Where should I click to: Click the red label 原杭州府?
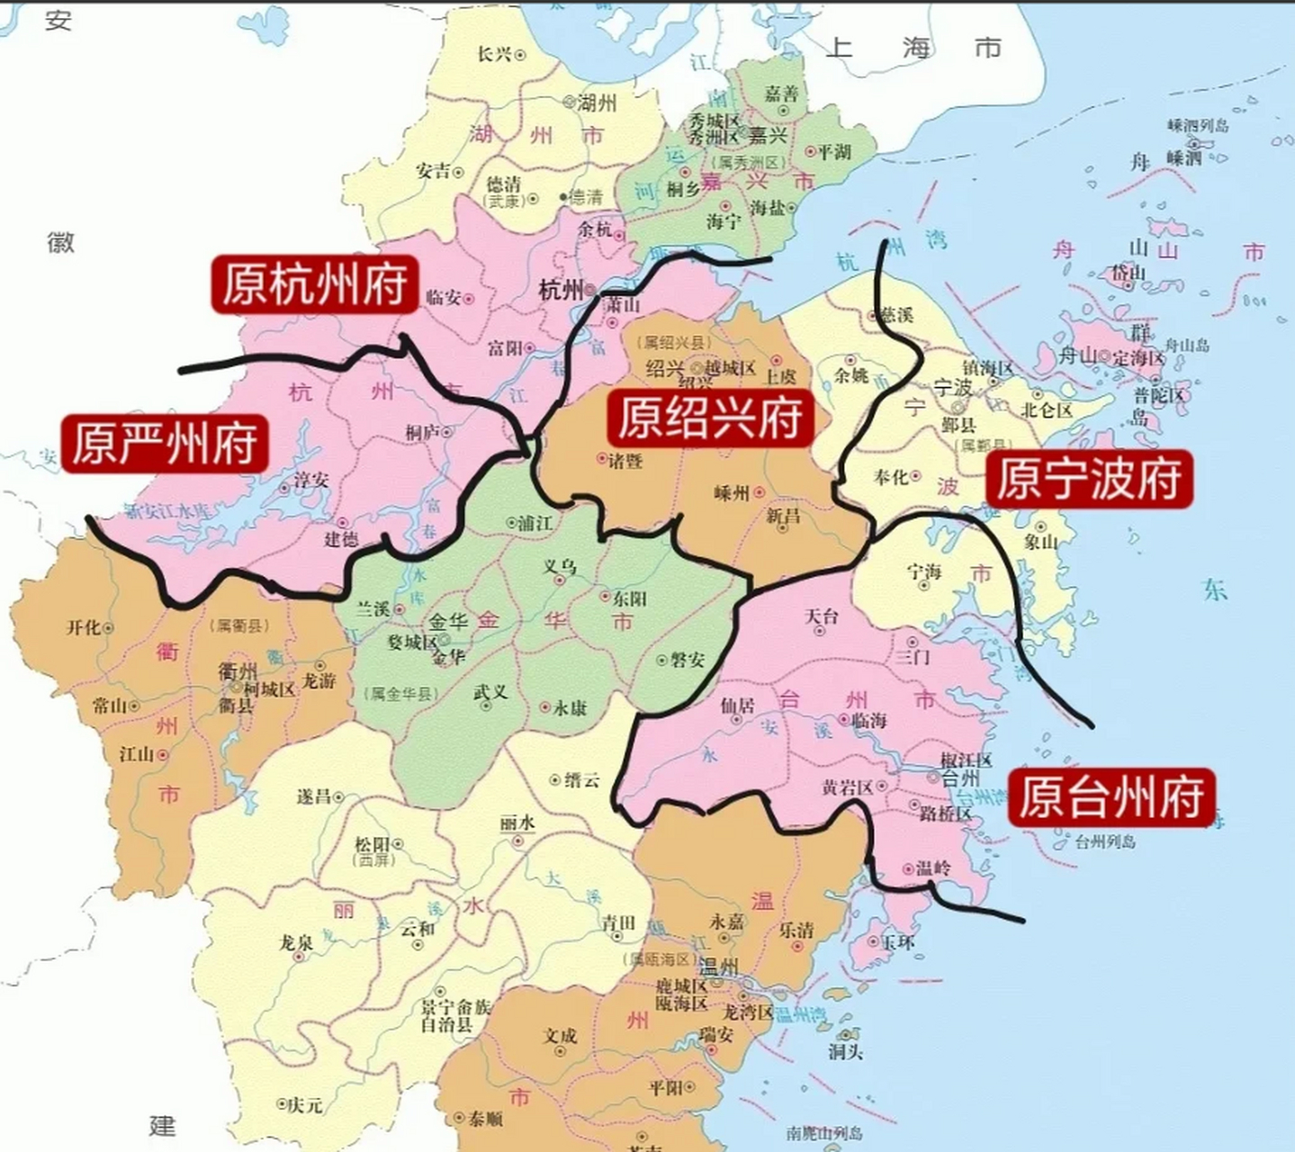[314, 284]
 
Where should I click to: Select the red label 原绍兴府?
[709, 418]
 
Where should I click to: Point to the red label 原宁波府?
[1089, 479]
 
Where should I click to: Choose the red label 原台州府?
[1111, 797]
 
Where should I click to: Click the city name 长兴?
[494, 55]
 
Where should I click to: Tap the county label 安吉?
[433, 171]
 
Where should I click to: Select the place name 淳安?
[310, 481]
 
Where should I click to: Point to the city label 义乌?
[559, 567]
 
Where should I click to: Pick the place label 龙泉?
[296, 942]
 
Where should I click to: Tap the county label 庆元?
[305, 1105]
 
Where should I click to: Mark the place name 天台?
[821, 616]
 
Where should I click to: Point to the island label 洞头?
[846, 1050]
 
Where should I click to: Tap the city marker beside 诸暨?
[603, 458]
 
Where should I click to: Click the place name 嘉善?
[782, 94]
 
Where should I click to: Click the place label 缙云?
[581, 780]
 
